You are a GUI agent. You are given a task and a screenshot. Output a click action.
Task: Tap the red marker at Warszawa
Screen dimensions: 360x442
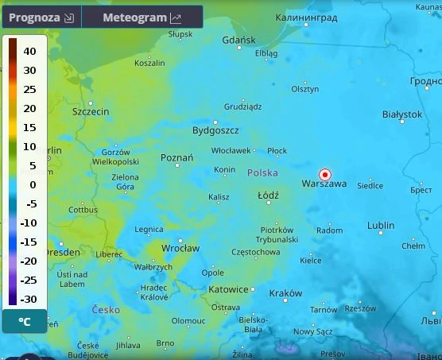click(x=324, y=175)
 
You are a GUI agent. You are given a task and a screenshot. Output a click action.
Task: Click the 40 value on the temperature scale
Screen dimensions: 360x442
click(x=29, y=51)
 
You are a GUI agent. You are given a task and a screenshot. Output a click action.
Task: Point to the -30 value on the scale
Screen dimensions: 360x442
click(x=28, y=299)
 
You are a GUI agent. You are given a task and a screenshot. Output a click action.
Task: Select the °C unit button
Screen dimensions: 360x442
click(x=25, y=322)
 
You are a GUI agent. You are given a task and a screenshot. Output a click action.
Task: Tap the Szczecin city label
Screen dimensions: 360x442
click(x=91, y=112)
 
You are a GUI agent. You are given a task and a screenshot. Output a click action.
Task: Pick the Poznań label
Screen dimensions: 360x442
click(x=176, y=158)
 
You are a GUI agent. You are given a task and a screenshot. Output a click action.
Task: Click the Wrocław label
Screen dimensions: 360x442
click(x=180, y=248)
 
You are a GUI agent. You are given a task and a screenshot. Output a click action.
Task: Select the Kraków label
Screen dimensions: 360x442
click(x=285, y=293)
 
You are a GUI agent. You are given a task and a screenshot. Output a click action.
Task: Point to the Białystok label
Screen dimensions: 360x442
click(x=401, y=114)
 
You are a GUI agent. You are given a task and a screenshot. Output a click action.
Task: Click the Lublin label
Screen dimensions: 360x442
click(x=381, y=226)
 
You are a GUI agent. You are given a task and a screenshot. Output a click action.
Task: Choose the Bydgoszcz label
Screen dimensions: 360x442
click(x=215, y=130)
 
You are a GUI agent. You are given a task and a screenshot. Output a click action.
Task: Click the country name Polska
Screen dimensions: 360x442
click(x=262, y=172)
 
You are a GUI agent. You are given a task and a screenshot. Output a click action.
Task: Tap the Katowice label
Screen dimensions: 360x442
click(x=228, y=289)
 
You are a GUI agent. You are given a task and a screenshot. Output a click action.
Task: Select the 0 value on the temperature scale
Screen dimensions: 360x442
click(x=33, y=184)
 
